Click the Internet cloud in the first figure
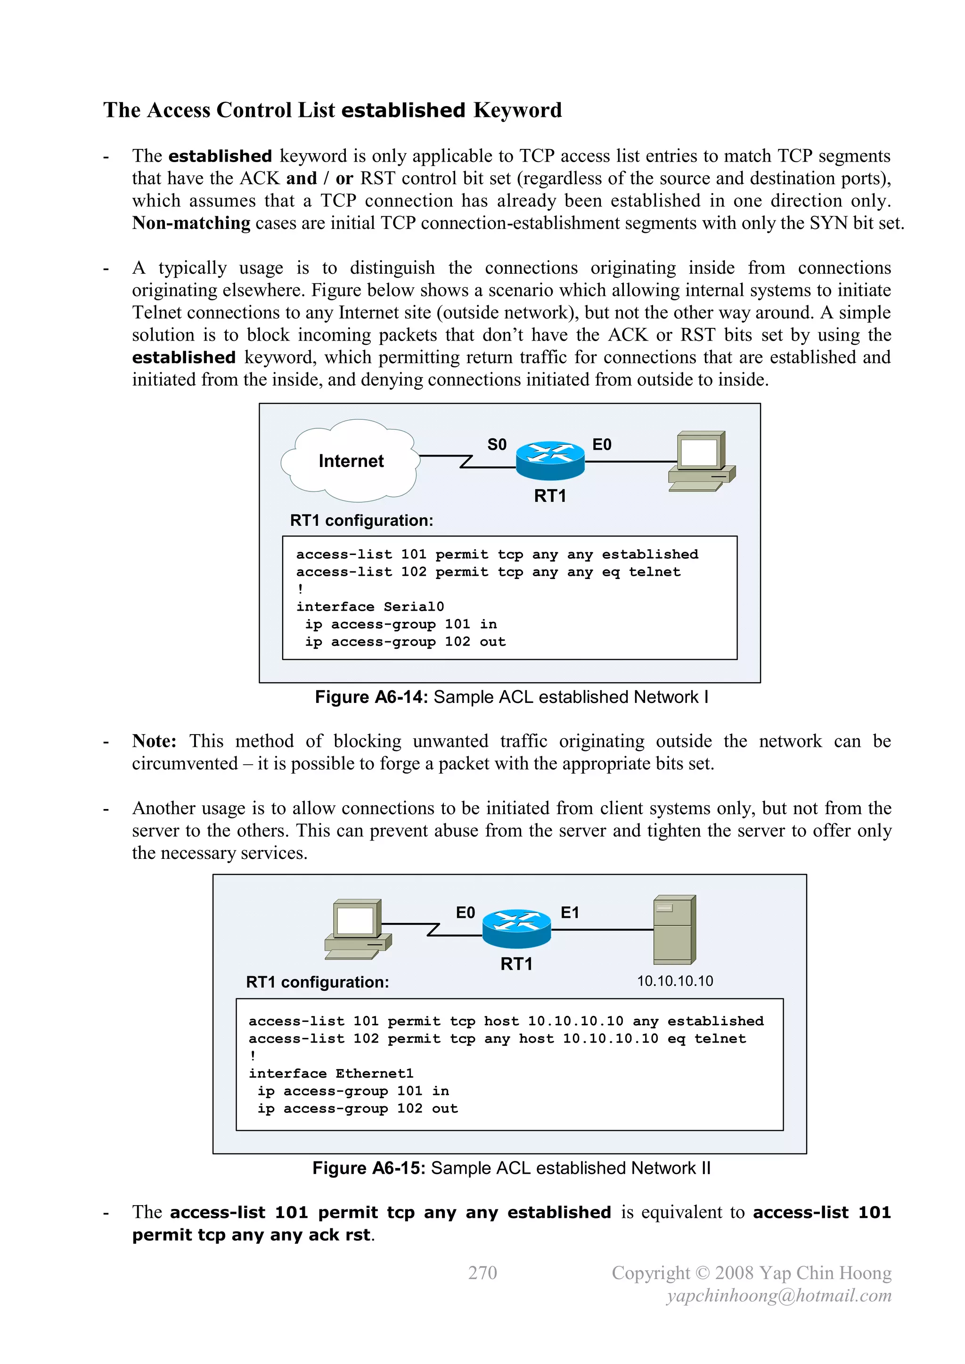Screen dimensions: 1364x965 351,460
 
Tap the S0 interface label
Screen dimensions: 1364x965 497,444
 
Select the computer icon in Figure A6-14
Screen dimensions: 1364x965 702,461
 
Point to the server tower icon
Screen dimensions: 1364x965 674,930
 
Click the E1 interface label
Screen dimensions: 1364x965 570,913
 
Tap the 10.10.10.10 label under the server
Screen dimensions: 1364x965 675,981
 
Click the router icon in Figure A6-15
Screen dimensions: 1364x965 516,928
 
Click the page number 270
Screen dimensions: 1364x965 482,1273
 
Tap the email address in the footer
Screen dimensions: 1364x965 779,1296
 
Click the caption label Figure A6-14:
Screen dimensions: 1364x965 371,697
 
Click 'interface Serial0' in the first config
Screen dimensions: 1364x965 369,606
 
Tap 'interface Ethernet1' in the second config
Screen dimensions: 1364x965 331,1073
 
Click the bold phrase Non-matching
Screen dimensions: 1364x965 191,223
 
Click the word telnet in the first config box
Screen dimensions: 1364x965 655,572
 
